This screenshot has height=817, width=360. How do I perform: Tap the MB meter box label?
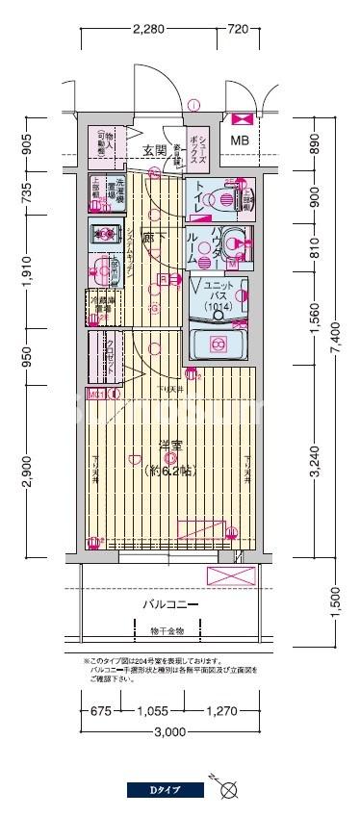(239, 140)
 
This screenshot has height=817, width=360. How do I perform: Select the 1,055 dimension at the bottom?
(153, 713)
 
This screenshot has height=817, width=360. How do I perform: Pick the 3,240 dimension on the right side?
(316, 460)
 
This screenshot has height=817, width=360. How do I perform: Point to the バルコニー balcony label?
(170, 604)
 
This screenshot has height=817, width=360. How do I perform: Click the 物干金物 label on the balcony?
(167, 632)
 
